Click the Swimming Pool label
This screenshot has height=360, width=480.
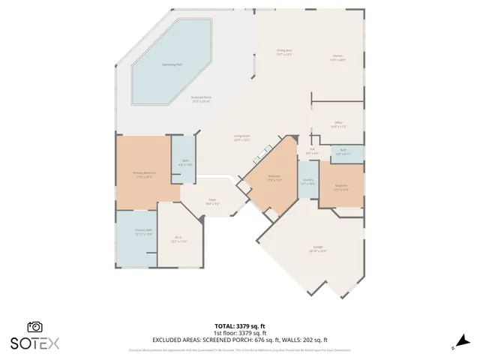(171, 64)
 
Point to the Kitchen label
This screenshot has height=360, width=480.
(337, 58)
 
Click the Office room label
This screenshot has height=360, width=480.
(338, 124)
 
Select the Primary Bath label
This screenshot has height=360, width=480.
(143, 232)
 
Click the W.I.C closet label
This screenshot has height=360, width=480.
(178, 239)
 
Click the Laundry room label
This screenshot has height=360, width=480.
(307, 181)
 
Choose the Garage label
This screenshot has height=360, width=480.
(318, 249)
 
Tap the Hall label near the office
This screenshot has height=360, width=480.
(312, 151)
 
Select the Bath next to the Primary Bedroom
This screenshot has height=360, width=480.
(185, 161)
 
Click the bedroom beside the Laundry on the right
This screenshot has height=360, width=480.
(341, 187)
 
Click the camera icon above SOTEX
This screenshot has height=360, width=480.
(34, 327)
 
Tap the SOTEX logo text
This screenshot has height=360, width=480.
(34, 343)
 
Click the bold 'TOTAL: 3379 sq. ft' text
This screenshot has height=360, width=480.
(240, 325)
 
